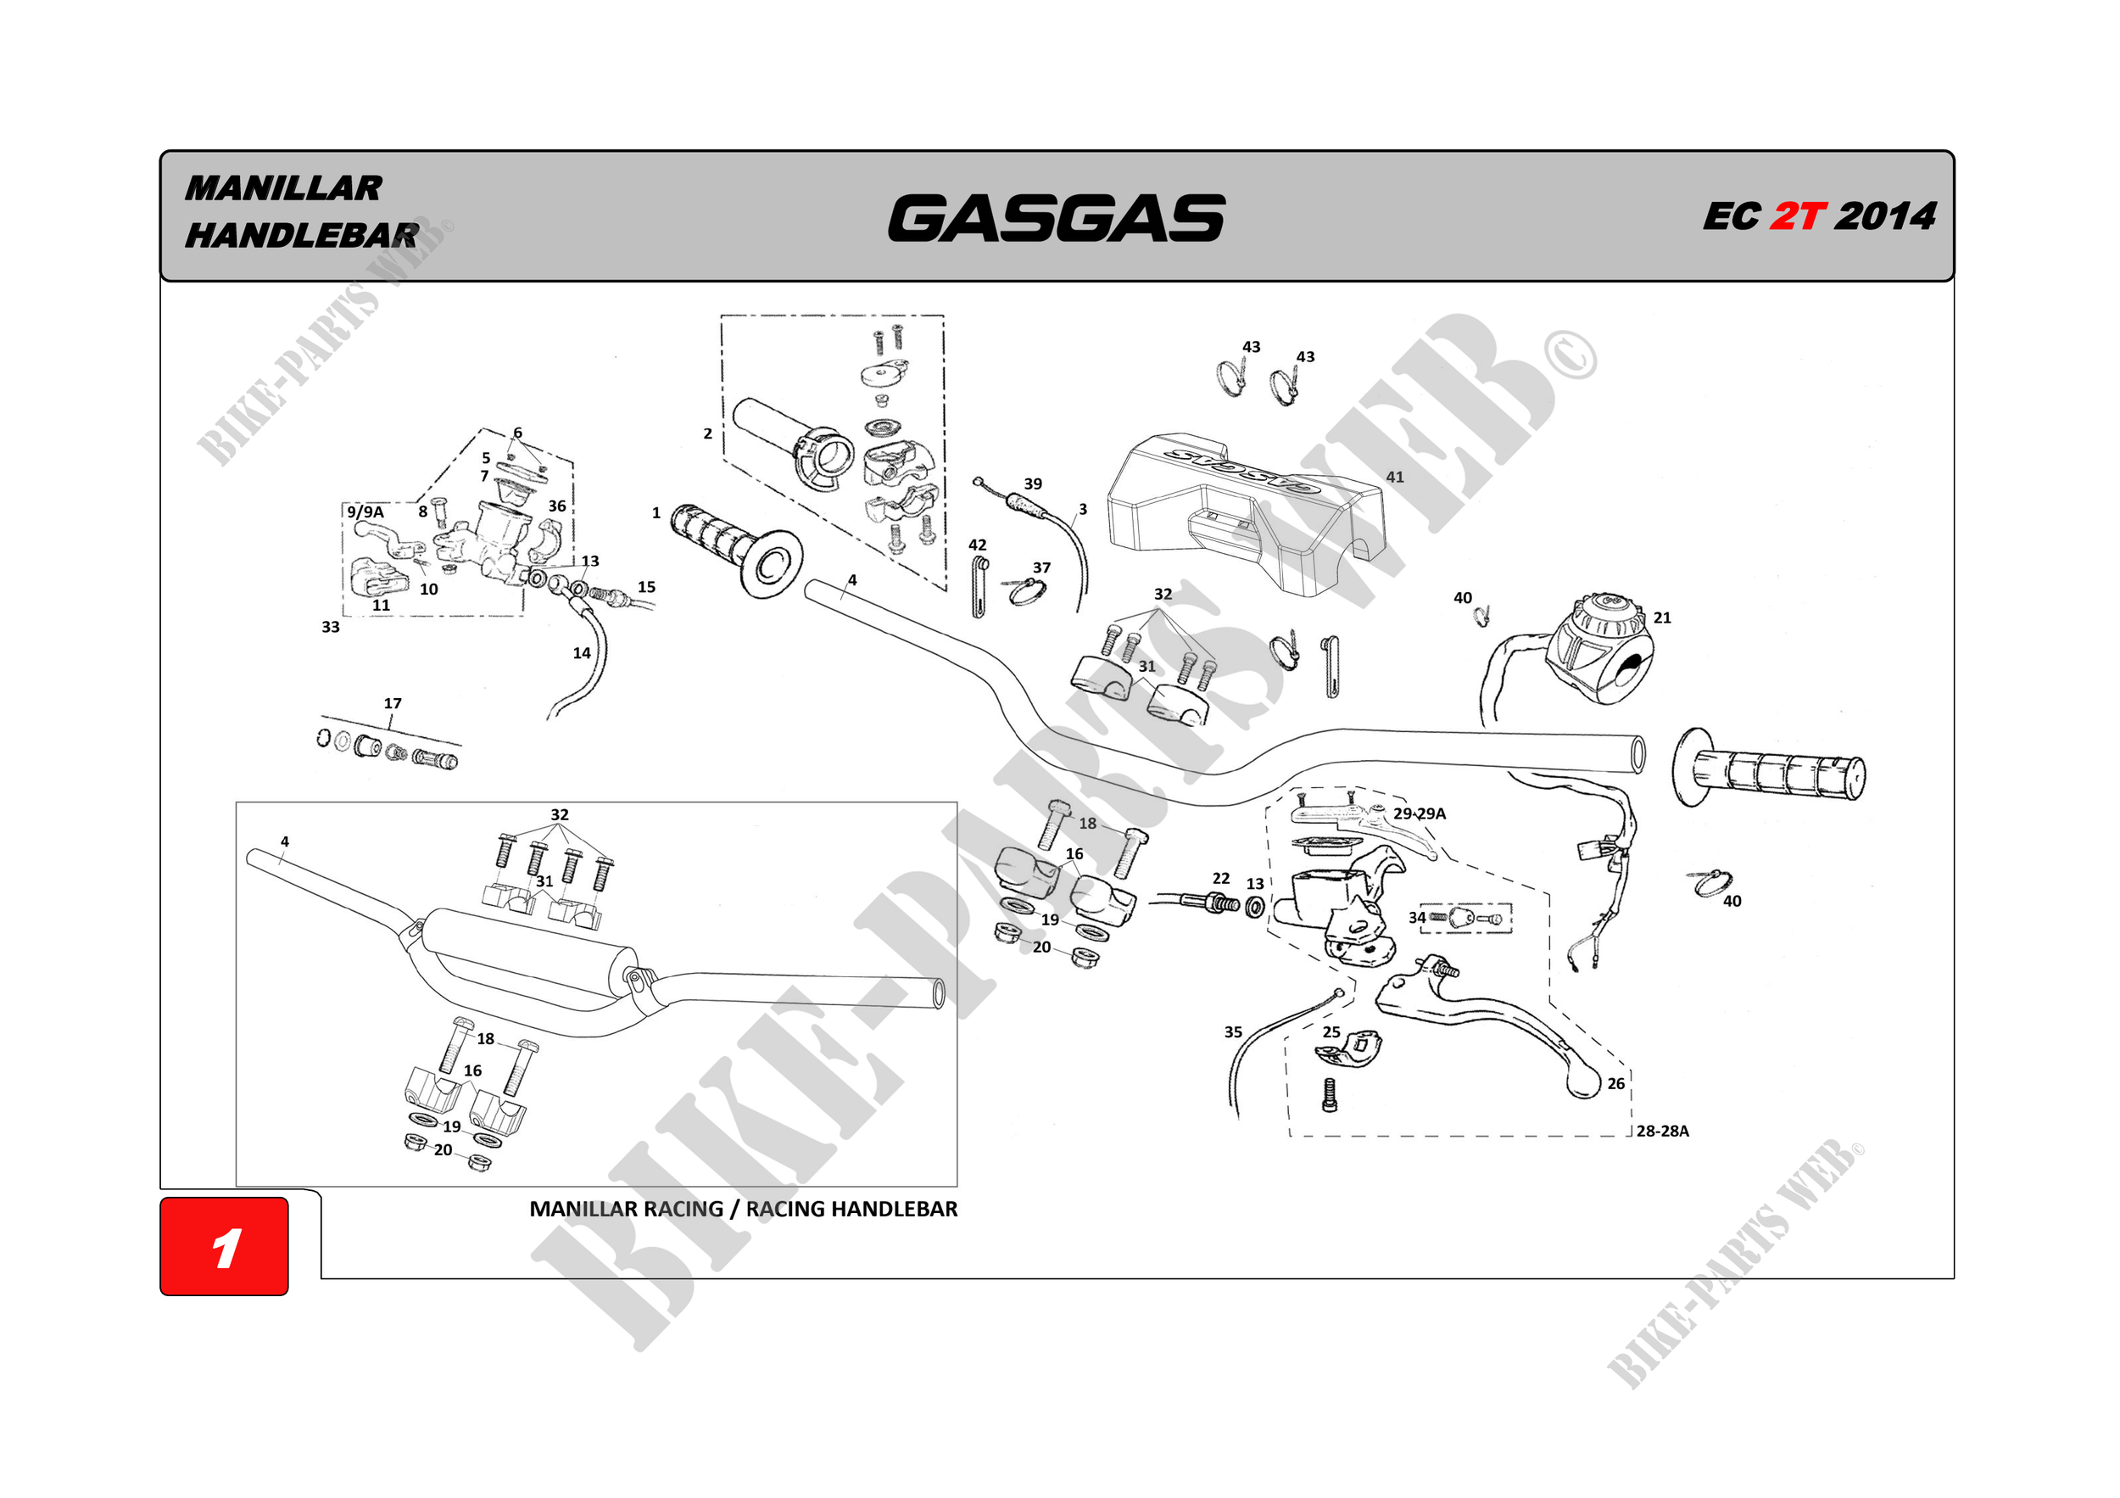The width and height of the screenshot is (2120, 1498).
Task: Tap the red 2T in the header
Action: [x=1797, y=216]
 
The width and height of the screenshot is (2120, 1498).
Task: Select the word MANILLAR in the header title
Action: [x=283, y=188]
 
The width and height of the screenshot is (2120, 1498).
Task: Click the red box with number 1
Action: [x=225, y=1246]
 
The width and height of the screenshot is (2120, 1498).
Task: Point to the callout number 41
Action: [x=1394, y=478]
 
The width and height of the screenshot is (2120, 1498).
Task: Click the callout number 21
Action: [x=1662, y=618]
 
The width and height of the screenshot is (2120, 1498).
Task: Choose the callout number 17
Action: [x=393, y=704]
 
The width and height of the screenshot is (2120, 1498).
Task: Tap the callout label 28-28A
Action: [x=1662, y=1131]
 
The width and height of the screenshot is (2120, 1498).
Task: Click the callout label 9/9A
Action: [x=365, y=511]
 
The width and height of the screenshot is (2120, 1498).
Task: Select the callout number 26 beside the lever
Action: [x=1615, y=1083]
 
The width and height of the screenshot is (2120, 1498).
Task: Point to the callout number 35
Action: [x=1234, y=1031]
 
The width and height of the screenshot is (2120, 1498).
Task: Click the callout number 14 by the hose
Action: [x=582, y=653]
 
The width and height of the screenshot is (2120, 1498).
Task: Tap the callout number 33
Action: [x=331, y=627]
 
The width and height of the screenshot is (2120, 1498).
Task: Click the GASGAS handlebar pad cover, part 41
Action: [x=1247, y=517]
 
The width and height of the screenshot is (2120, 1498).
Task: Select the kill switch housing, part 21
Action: [x=1602, y=651]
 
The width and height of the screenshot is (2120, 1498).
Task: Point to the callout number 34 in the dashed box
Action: [x=1416, y=917]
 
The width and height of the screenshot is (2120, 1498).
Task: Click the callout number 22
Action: [x=1220, y=878]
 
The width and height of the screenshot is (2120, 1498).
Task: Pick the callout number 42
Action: [x=977, y=545]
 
